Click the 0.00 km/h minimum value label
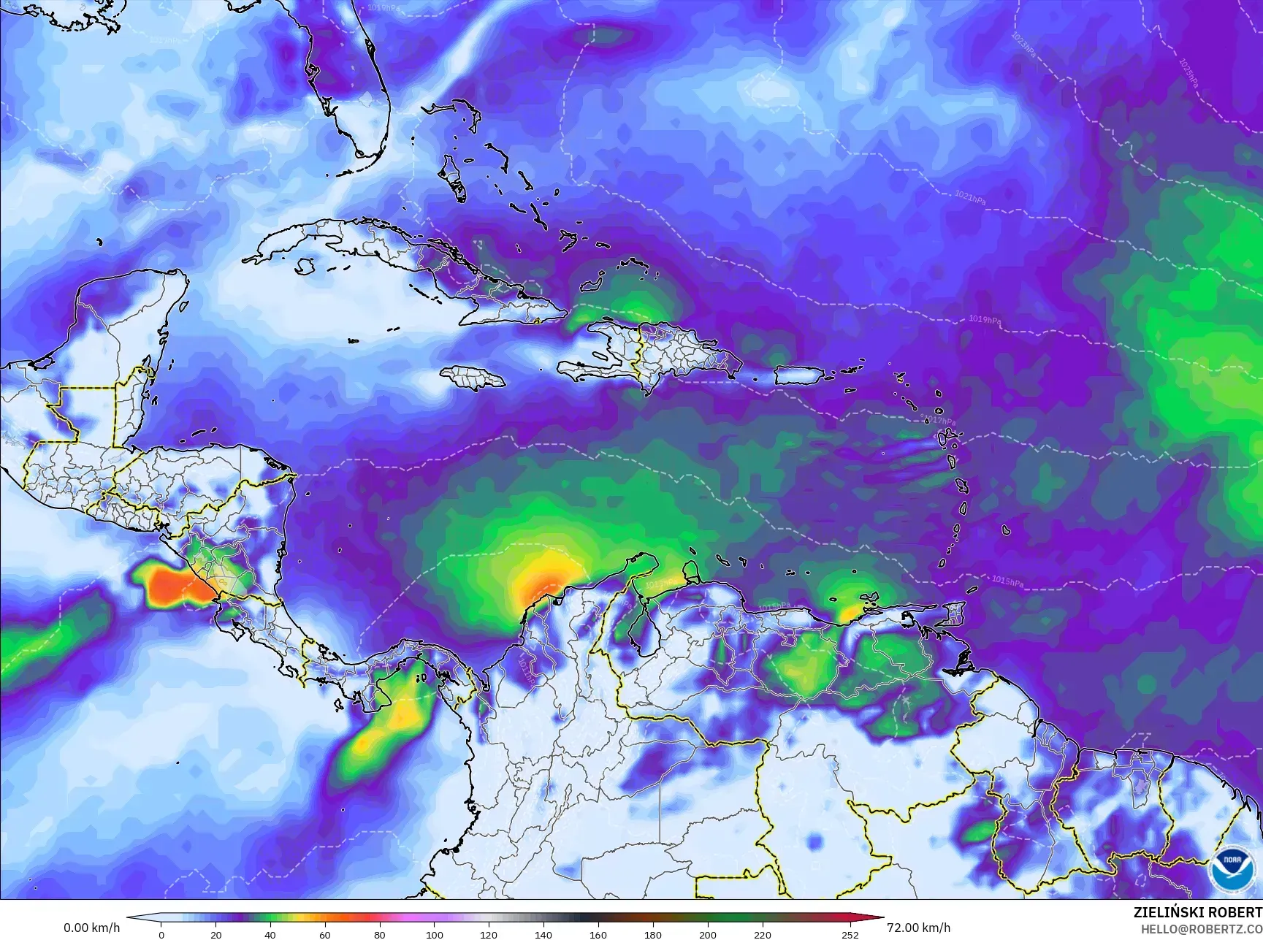click(91, 928)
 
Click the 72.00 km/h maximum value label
click(918, 928)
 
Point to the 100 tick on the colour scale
click(434, 934)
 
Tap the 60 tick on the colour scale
click(325, 934)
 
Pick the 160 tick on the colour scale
click(598, 934)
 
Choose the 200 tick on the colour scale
click(707, 934)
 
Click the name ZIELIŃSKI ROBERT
click(1197, 912)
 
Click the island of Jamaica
click(473, 377)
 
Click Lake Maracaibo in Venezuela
click(641, 624)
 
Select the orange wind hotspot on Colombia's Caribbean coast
click(543, 584)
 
